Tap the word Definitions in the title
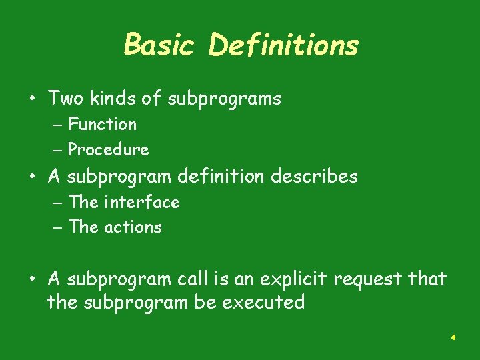(283, 45)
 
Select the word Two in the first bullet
(64, 99)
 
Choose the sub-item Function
(103, 125)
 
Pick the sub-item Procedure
(109, 150)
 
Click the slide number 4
(453, 338)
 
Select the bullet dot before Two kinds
(32, 99)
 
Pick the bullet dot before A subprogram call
(32, 279)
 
